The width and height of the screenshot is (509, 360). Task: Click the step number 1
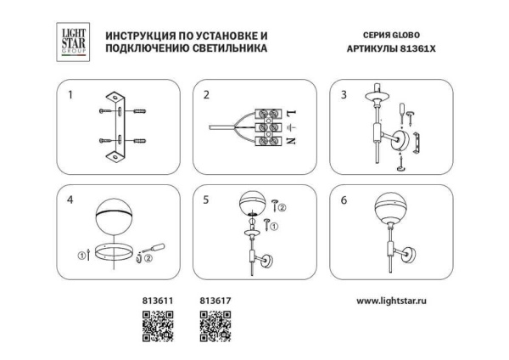[70, 94]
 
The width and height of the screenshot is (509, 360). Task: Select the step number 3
[344, 94]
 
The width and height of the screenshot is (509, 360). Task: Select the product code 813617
[212, 300]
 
